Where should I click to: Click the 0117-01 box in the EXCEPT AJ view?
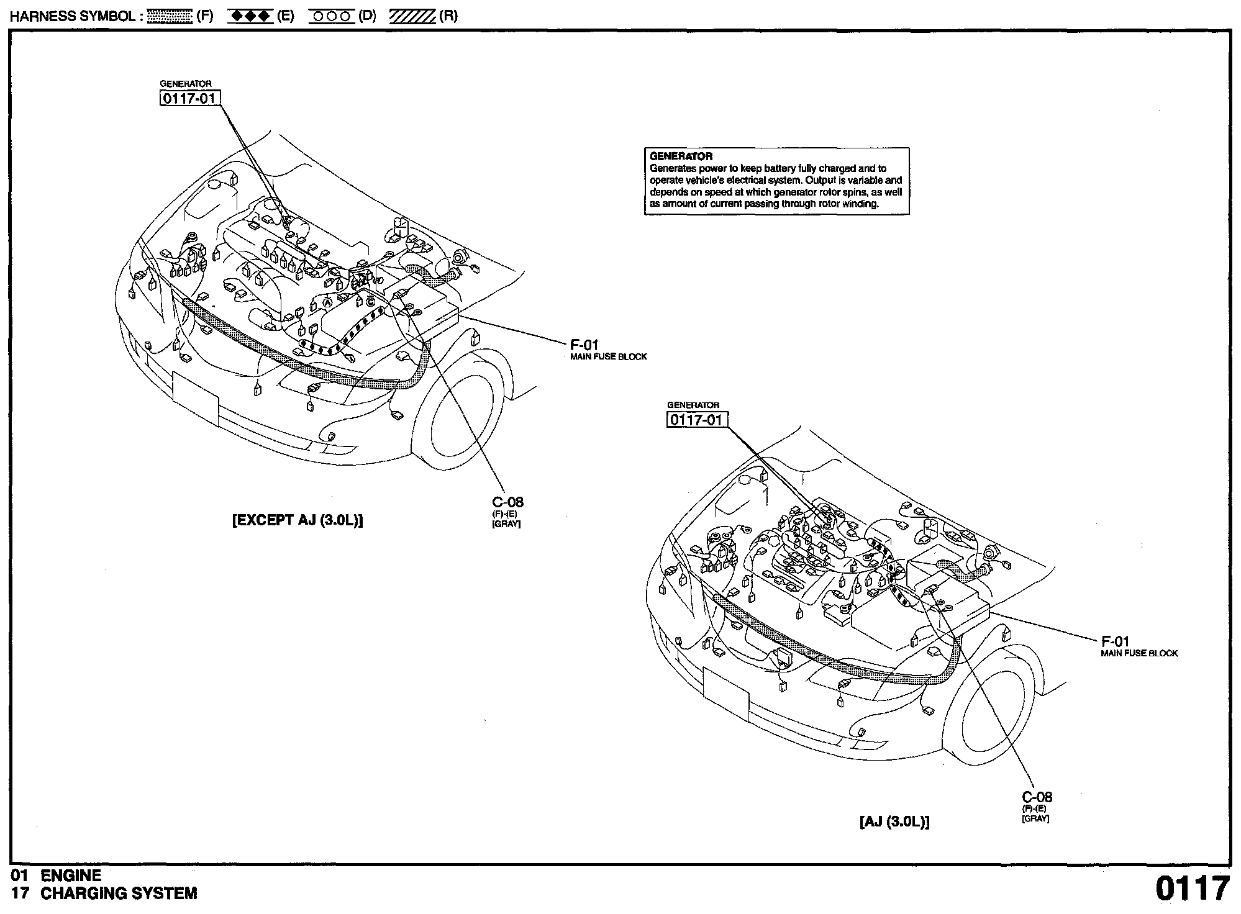(x=190, y=98)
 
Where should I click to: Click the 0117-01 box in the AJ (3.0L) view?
(x=697, y=420)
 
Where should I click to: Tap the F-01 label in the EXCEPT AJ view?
(x=584, y=345)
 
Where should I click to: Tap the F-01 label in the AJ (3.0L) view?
(x=1115, y=641)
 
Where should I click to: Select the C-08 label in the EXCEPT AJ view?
(x=507, y=502)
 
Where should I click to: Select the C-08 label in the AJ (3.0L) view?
(x=1037, y=797)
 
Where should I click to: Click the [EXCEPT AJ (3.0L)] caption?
(x=298, y=520)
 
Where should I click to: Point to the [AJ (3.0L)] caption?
(x=894, y=821)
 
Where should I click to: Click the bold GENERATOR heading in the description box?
(x=681, y=156)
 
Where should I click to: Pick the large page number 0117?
(x=1192, y=889)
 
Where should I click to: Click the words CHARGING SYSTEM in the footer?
(x=119, y=894)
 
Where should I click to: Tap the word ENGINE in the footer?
(x=71, y=876)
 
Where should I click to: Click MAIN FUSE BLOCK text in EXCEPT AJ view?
(x=609, y=357)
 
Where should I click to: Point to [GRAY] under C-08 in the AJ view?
(x=1035, y=819)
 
